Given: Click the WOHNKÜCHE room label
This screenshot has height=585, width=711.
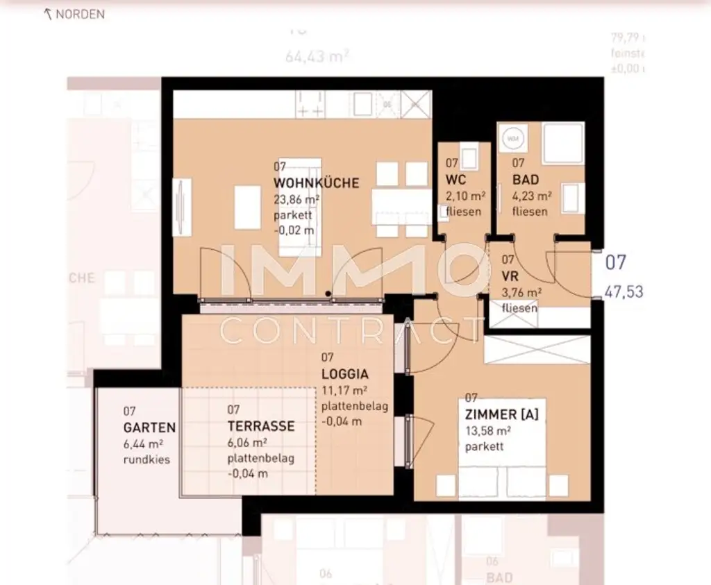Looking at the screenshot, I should [316, 183].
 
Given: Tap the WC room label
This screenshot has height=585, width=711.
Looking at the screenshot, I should [455, 180].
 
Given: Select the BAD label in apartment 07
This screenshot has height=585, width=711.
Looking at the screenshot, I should [526, 180].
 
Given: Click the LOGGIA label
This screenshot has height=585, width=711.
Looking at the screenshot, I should [344, 373].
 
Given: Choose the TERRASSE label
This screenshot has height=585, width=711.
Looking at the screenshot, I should [261, 426].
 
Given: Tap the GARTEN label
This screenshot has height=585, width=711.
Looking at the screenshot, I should [149, 427].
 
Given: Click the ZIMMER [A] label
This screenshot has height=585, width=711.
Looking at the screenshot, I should [501, 415].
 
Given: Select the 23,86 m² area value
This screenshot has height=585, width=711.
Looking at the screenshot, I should [296, 199].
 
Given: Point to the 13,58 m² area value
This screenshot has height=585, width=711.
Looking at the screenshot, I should [487, 431].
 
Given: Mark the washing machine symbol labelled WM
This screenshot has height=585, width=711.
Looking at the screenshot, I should [514, 138].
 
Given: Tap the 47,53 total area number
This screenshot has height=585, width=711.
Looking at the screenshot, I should [623, 291].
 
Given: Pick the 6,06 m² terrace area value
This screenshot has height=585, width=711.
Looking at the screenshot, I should [248, 443].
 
